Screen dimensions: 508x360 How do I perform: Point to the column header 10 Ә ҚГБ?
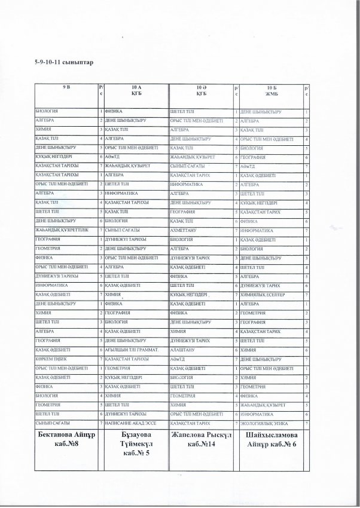click(201, 91)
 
